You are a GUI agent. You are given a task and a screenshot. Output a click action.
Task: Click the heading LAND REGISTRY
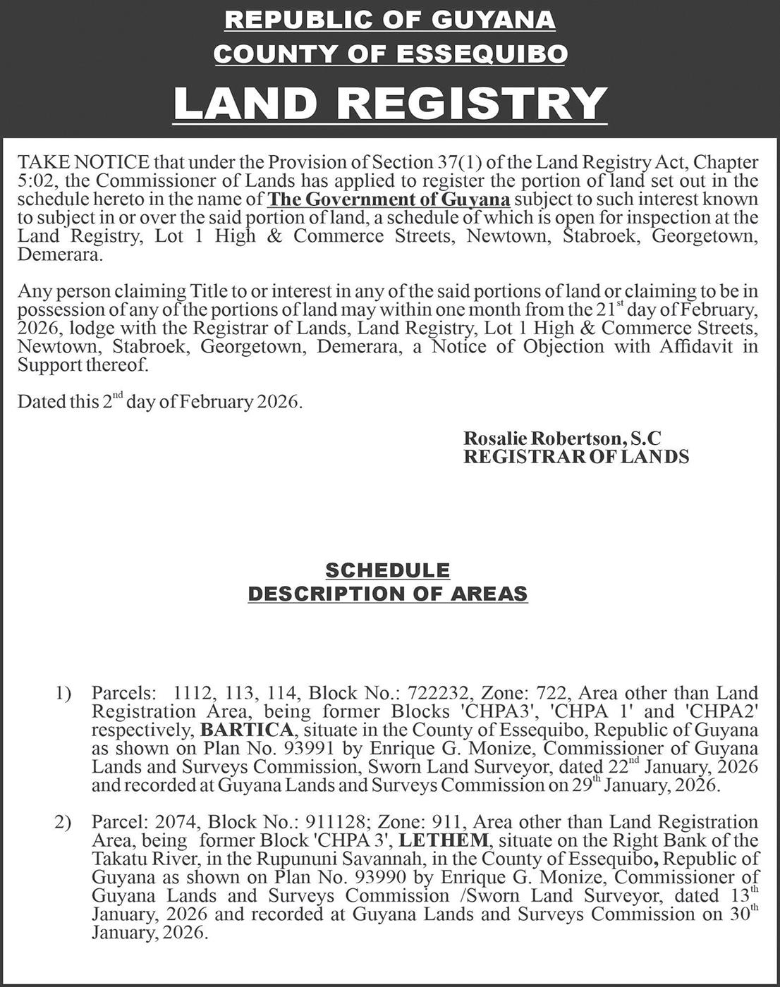pyautogui.click(x=390, y=103)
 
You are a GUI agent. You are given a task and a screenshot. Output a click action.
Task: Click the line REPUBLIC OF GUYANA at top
pyautogui.click(x=390, y=20)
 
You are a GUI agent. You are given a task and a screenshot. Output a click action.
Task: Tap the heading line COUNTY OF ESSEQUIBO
pyautogui.click(x=390, y=54)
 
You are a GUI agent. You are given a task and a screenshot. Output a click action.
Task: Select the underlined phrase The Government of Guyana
pyautogui.click(x=389, y=200)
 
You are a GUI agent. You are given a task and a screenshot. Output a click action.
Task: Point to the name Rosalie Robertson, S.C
pyautogui.click(x=562, y=438)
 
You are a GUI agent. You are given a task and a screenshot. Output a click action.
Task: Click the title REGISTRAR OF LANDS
pyautogui.click(x=575, y=456)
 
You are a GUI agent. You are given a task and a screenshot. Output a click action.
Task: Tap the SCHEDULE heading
pyautogui.click(x=387, y=570)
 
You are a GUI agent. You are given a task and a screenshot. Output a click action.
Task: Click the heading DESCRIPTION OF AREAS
pyautogui.click(x=387, y=594)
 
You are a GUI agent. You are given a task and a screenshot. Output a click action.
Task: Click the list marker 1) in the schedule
pyautogui.click(x=63, y=694)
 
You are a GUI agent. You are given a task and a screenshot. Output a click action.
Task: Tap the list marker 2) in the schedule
pyautogui.click(x=63, y=823)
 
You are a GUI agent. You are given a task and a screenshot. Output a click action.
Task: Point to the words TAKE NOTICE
pyautogui.click(x=83, y=163)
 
